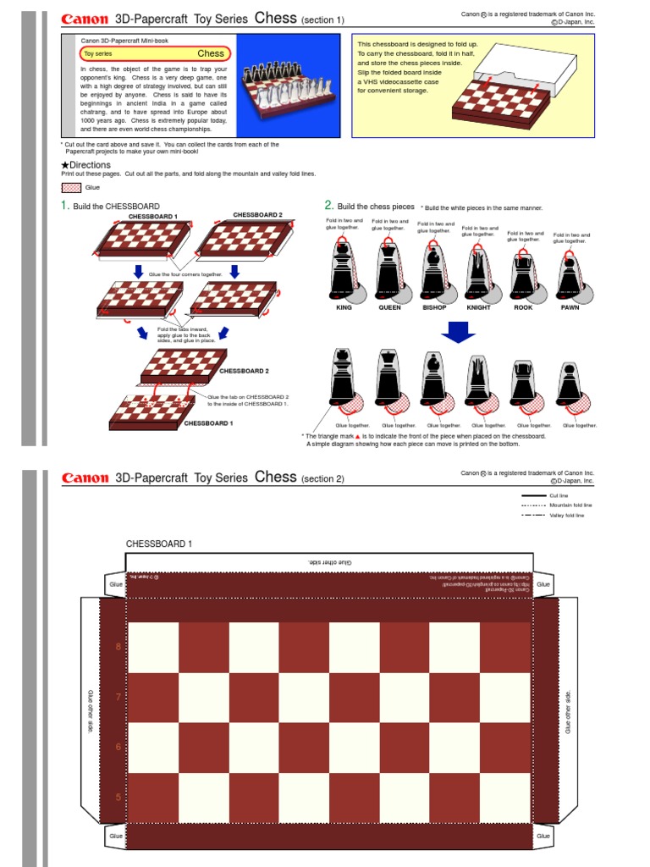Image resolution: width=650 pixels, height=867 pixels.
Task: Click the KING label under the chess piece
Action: point(343,308)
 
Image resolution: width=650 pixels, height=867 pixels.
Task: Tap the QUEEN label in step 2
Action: point(388,308)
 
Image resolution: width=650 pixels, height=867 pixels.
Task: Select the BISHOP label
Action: point(434,308)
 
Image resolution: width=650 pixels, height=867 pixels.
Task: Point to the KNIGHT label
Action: point(478,308)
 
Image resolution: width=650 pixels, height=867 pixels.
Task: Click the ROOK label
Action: point(523,308)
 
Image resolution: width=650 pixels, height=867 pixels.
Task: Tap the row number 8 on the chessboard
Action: point(118,647)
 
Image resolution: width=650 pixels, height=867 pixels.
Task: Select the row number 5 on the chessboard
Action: point(118,797)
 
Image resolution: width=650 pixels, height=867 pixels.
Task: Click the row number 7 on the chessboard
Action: point(118,697)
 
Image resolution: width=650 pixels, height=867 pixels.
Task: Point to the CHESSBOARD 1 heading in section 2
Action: point(159,543)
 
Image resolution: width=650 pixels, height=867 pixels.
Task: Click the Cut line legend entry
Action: point(559,495)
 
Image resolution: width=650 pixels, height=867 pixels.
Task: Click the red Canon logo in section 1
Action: point(85,18)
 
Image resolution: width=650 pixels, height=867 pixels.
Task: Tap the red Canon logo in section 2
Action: point(85,478)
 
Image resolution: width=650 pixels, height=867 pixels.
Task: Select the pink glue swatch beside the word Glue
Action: point(71,187)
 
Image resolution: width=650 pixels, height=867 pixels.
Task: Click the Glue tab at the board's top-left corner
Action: point(114,584)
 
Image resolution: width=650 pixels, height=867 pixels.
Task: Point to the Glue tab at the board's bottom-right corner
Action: point(543,836)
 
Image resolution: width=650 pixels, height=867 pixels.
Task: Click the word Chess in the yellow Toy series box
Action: point(211,53)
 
